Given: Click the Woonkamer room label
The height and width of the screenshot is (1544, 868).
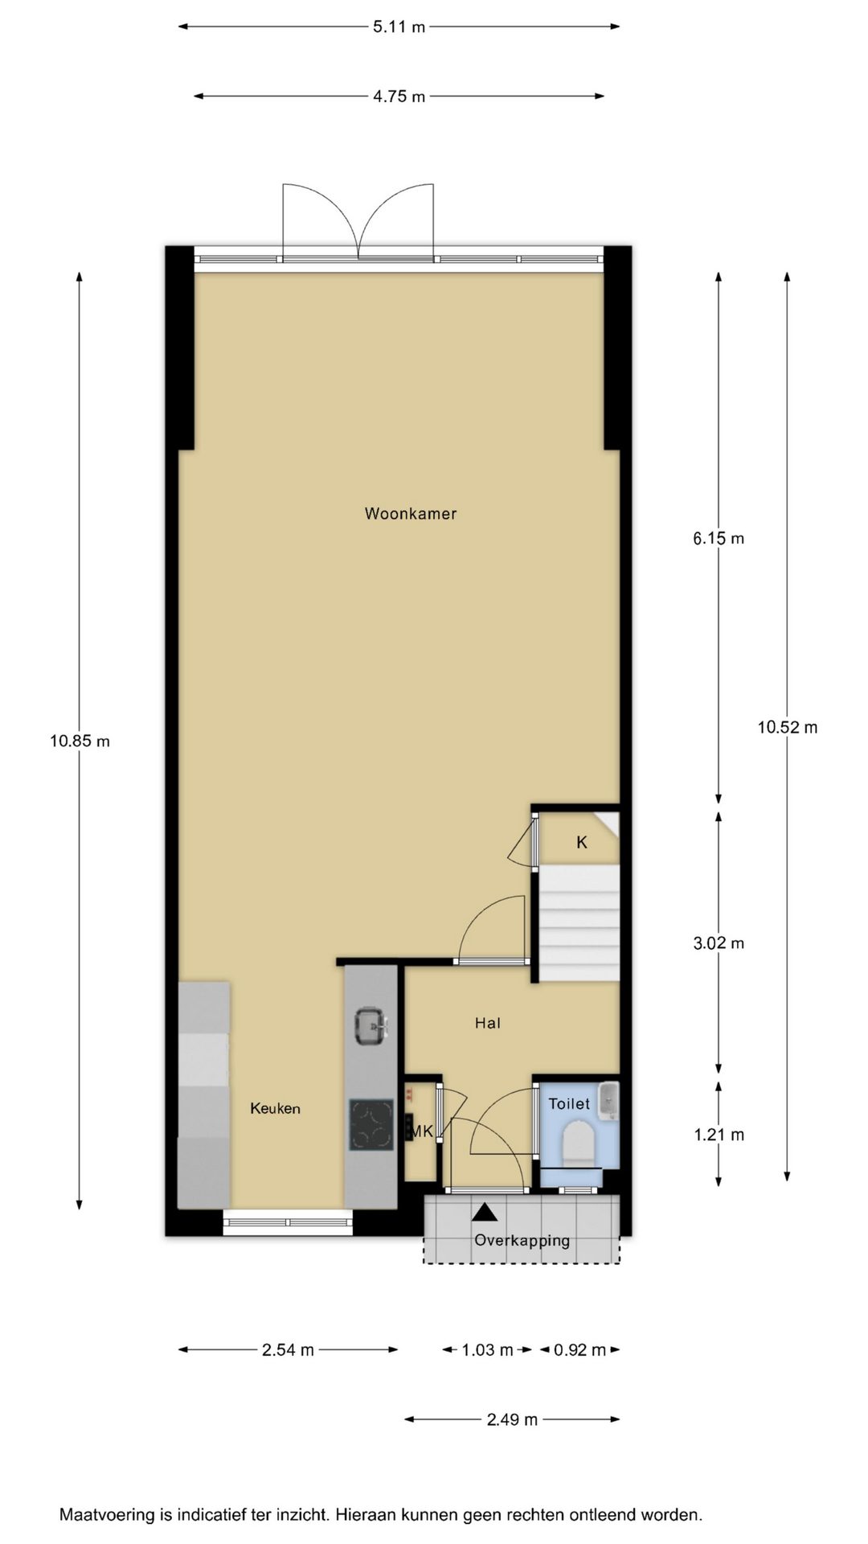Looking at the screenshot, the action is [410, 513].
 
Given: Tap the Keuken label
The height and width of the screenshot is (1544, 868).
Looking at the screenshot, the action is [275, 1108].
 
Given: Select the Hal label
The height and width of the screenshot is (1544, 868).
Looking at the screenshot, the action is [488, 1023].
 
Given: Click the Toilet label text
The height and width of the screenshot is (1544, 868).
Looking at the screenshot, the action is [569, 1104].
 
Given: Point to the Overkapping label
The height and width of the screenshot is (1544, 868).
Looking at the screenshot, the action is [522, 1240].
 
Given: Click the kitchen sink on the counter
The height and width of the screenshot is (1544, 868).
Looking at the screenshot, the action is [371, 1025].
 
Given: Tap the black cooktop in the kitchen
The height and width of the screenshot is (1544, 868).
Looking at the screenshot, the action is [371, 1125].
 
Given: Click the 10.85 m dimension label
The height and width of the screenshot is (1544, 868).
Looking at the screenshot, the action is [80, 741].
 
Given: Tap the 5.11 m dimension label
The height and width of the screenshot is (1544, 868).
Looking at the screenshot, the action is [399, 27].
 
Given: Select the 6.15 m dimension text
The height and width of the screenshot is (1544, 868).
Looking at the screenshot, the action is [719, 539].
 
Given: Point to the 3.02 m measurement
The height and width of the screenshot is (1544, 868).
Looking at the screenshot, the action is [719, 943].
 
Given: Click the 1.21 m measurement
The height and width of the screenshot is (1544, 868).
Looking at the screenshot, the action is [719, 1135].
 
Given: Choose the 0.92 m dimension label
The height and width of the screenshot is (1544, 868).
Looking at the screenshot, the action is [579, 1350].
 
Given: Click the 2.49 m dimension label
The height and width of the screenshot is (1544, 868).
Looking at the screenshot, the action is [512, 1420].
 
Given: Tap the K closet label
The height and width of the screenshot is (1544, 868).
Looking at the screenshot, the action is [582, 843].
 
